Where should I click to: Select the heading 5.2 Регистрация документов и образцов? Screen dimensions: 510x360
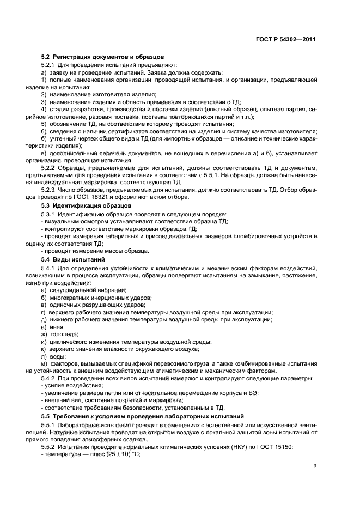103,57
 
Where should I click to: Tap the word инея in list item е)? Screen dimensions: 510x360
56,327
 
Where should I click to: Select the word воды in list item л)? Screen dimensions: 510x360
57,356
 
